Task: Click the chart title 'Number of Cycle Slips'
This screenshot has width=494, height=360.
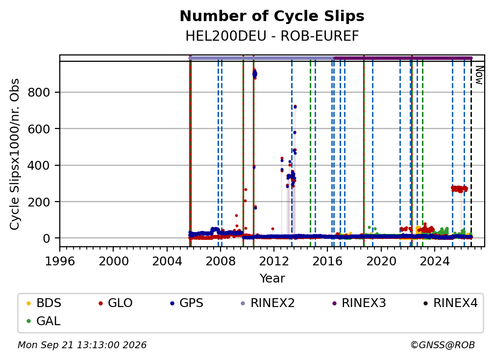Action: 272,16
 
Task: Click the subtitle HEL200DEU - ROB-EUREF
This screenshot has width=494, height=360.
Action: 272,36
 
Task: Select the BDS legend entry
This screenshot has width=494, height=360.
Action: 44,303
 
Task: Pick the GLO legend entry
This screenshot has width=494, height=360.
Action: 116,303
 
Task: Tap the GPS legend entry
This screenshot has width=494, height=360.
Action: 187,303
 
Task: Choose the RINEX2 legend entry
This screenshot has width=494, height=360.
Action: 268,303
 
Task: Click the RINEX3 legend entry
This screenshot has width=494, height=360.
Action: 359,303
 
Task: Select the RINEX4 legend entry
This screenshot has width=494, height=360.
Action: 450,303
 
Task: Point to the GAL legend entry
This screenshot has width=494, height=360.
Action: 44,321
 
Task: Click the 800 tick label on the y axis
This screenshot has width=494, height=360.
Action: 39,92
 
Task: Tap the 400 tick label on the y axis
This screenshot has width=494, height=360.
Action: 39,165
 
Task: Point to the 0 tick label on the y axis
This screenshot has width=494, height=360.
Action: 47,239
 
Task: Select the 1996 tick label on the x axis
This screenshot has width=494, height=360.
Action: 60,261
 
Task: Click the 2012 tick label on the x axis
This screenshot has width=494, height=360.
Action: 274,261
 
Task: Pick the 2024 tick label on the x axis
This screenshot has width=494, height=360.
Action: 434,261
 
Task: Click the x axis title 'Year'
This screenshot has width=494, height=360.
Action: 272,279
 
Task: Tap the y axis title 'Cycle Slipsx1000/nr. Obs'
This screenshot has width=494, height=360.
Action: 15,154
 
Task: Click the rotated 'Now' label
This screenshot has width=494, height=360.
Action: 479,75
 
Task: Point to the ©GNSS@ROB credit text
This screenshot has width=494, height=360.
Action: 443,345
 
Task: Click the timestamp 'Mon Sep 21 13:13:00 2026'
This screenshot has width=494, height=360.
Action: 82,345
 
